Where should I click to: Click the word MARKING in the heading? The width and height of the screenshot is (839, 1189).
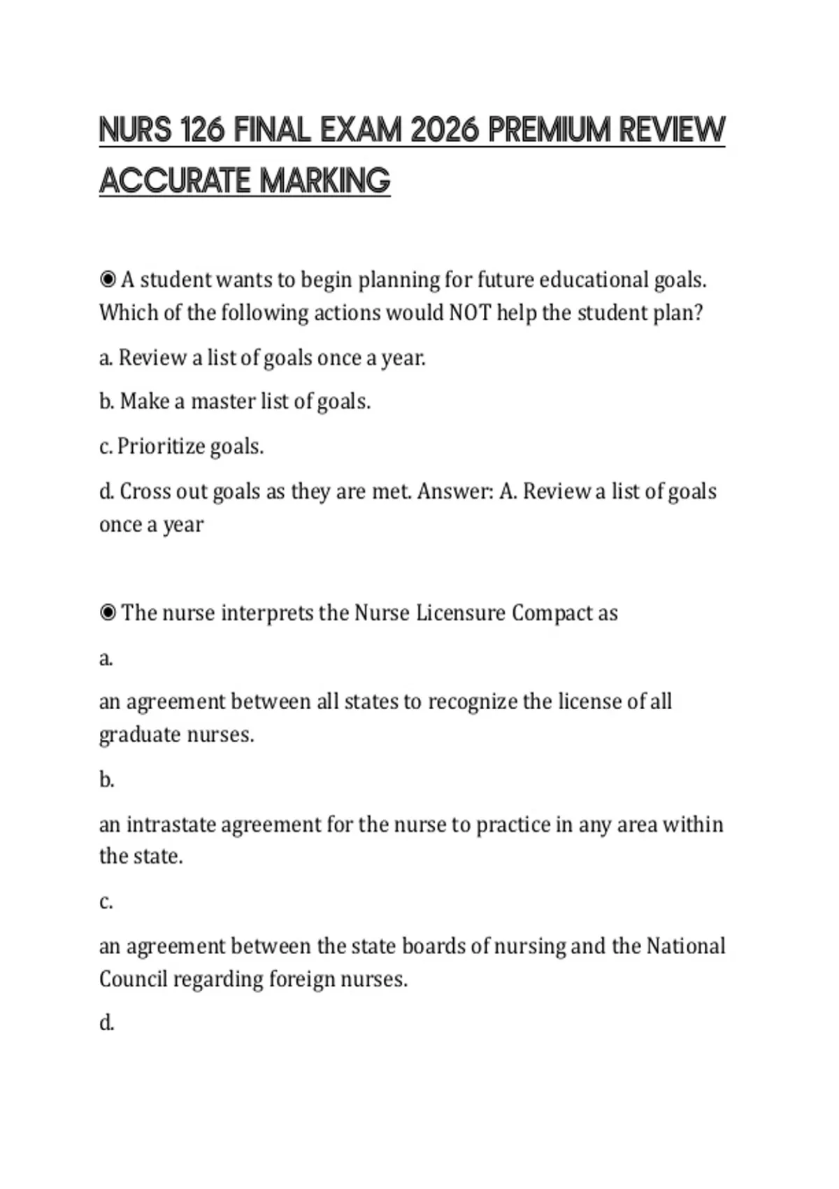[x=325, y=180]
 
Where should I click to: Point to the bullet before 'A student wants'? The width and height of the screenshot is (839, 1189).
[x=108, y=280]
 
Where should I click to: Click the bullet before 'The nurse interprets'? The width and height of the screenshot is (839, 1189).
[x=108, y=613]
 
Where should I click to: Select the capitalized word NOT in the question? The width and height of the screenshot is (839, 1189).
[x=470, y=313]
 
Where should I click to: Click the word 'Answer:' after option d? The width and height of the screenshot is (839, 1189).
[x=455, y=492]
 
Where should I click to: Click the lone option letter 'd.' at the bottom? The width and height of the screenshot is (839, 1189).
[x=106, y=1023]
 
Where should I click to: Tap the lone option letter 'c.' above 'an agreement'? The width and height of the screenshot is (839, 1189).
[x=106, y=902]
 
